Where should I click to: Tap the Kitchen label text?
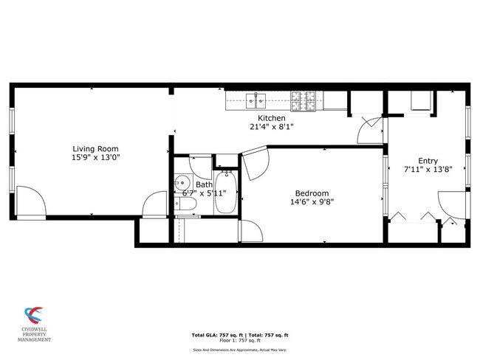(271, 118)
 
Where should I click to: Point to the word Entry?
(428, 162)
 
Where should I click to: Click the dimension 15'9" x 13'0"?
(95, 157)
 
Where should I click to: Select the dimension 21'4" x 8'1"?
(271, 126)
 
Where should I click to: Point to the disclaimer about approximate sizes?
(240, 350)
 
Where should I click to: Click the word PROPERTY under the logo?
(35, 336)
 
